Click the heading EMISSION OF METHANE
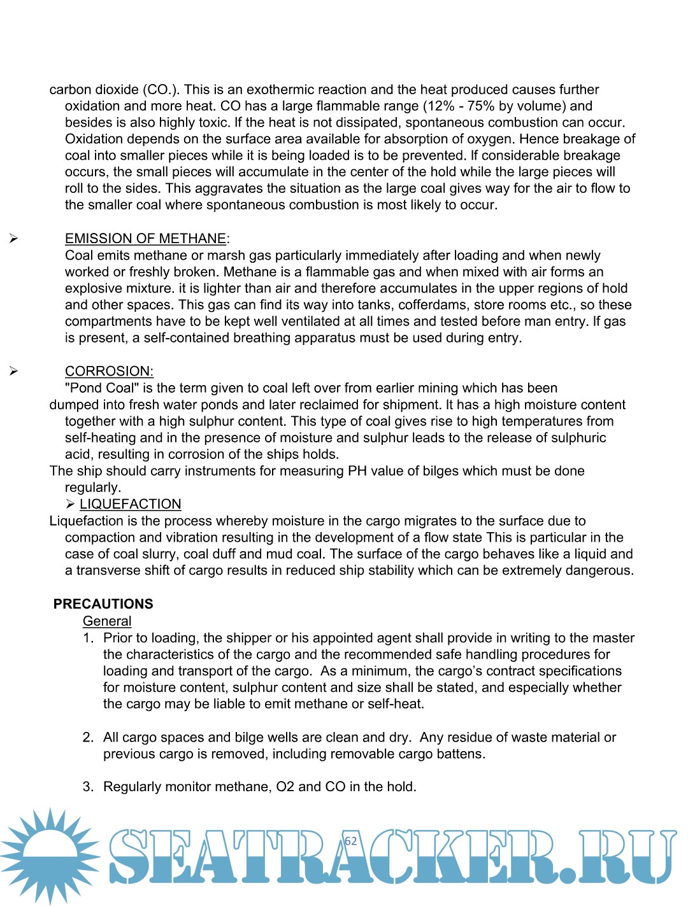point(145,239)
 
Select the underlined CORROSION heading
point(109,372)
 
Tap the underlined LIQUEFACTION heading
point(130,505)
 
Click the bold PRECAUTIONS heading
point(103,604)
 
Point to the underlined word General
point(107,621)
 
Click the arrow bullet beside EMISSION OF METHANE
point(13,239)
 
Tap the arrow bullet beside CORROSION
point(13,372)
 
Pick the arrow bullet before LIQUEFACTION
point(70,505)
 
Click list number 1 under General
point(88,638)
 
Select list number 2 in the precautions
point(88,738)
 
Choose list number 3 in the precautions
point(88,787)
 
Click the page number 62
point(350,841)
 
